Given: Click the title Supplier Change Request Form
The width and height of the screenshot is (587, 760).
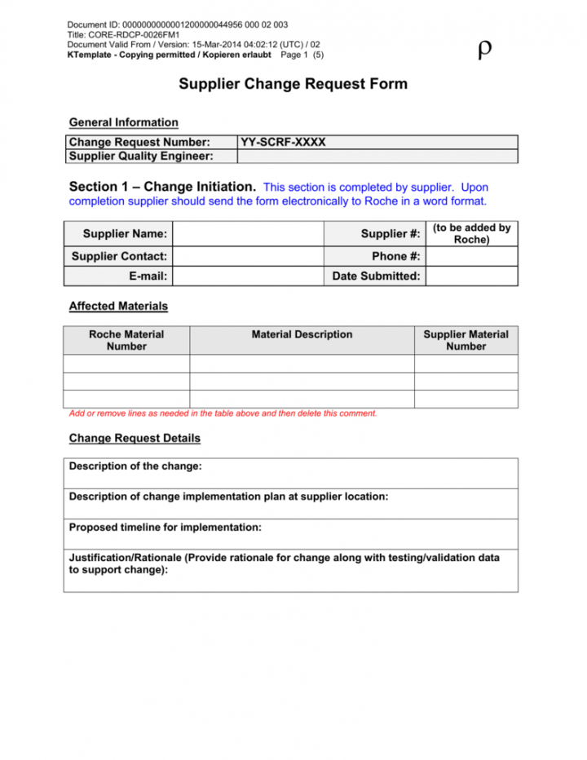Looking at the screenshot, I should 293,84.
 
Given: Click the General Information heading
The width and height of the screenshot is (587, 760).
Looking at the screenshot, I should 124,122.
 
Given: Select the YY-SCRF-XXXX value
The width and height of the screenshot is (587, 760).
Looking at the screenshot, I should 283,142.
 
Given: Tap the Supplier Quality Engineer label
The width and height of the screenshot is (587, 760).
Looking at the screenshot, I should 141,156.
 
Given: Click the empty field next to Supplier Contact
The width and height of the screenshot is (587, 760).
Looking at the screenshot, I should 249,256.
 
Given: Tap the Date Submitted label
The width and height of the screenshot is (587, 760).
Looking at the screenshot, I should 377,276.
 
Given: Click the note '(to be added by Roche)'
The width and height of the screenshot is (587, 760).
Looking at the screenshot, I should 471,234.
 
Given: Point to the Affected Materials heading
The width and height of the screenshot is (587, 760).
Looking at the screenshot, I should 118,307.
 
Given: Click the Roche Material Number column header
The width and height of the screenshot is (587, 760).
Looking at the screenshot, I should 126,340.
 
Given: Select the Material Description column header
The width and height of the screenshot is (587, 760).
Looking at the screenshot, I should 302,334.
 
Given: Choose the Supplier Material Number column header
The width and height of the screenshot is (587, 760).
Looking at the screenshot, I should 466,340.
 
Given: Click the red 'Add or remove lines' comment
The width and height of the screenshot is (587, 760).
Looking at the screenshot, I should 223,413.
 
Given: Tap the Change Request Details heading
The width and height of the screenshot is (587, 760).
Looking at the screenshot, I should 135,438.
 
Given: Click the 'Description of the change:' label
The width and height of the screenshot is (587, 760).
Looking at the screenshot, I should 135,466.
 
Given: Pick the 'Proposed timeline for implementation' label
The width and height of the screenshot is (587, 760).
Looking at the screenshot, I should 166,528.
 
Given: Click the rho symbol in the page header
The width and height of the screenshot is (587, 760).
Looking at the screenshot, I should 484,51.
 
